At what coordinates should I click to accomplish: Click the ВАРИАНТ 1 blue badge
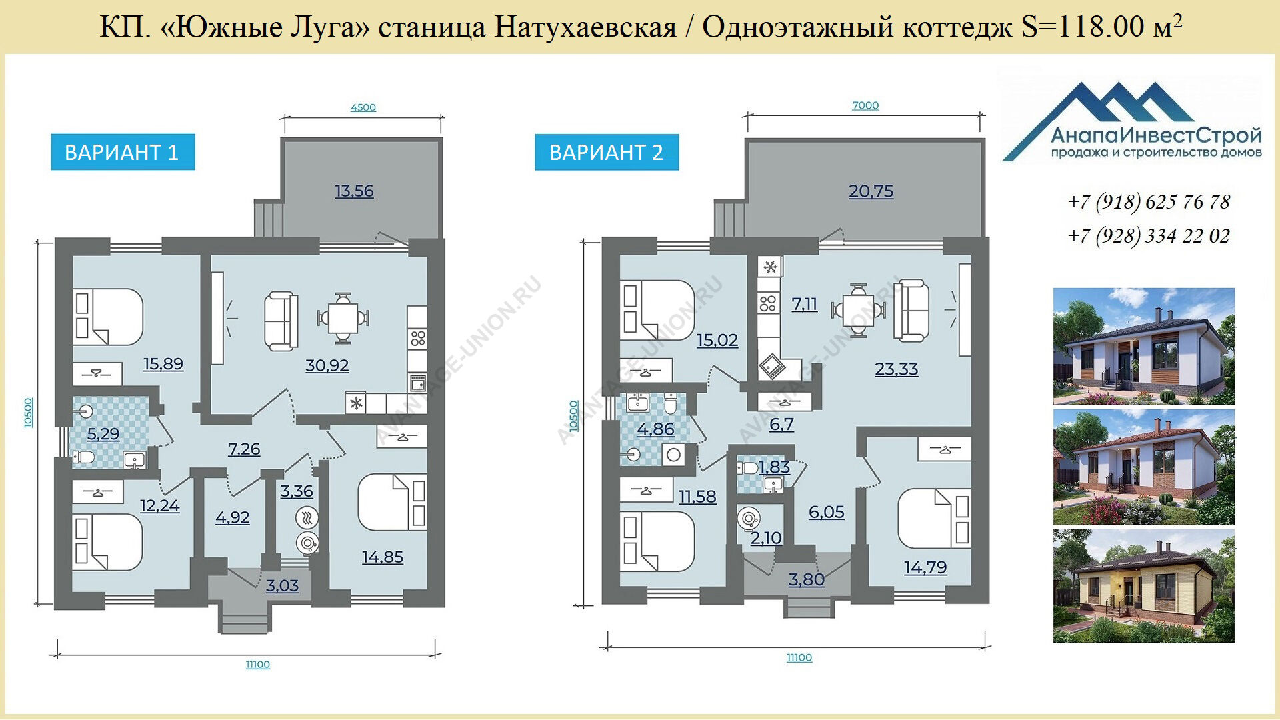pos(123,152)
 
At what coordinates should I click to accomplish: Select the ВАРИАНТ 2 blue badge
pos(607,152)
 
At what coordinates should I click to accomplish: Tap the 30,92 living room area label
pos(327,365)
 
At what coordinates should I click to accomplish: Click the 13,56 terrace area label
pos(354,191)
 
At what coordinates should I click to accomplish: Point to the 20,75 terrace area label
pos(871,191)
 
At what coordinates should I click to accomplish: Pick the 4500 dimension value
pos(363,107)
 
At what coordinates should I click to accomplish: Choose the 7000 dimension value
pos(865,105)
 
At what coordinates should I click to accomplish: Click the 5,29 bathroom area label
pos(103,434)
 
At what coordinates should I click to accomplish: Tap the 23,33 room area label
pos(896,369)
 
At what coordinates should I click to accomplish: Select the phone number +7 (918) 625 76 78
pos(1149,202)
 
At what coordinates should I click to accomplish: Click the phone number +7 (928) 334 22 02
pos(1149,236)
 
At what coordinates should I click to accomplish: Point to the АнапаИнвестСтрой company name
pos(1156,136)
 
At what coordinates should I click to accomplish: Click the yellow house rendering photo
pos(1144,586)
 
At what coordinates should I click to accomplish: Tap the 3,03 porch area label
pos(282,586)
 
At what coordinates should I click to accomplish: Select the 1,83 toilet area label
pos(774,467)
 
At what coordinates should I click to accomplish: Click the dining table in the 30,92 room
pos(343,317)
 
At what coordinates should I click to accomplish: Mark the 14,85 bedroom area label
pos(383,557)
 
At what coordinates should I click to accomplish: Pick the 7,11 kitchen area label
pos(804,305)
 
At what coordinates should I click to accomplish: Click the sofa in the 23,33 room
pos(911,311)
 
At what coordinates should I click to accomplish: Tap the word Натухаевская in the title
pos(585,27)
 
